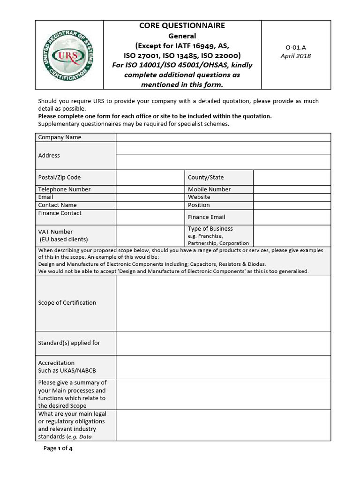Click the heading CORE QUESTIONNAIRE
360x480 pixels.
pyautogui.click(x=182, y=26)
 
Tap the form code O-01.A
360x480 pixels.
pyautogui.click(x=295, y=47)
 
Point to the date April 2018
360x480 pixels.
pyautogui.click(x=295, y=56)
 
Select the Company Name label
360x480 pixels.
pyautogui.click(x=60, y=137)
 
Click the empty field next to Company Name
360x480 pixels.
pyautogui.click(x=223, y=137)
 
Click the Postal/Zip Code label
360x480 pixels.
pyautogui.click(x=59, y=177)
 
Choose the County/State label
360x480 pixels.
pyautogui.click(x=206, y=177)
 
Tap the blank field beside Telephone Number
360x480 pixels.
pyautogui.click(x=150, y=189)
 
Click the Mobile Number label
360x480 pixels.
pyautogui.click(x=209, y=189)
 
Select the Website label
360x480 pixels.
pyautogui.click(x=199, y=197)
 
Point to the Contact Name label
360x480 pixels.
pyautogui.click(x=57, y=205)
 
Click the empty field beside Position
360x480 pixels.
pyautogui.click(x=292, y=205)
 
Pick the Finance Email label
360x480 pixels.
pyautogui.click(x=206, y=217)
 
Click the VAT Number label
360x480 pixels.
pyautogui.click(x=55, y=232)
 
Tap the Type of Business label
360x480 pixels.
pyautogui.click(x=210, y=229)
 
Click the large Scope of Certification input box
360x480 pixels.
pyautogui.click(x=223, y=303)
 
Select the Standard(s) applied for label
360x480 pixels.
pyautogui.click(x=69, y=343)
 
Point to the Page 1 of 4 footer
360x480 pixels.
pyautogui.click(x=58, y=448)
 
